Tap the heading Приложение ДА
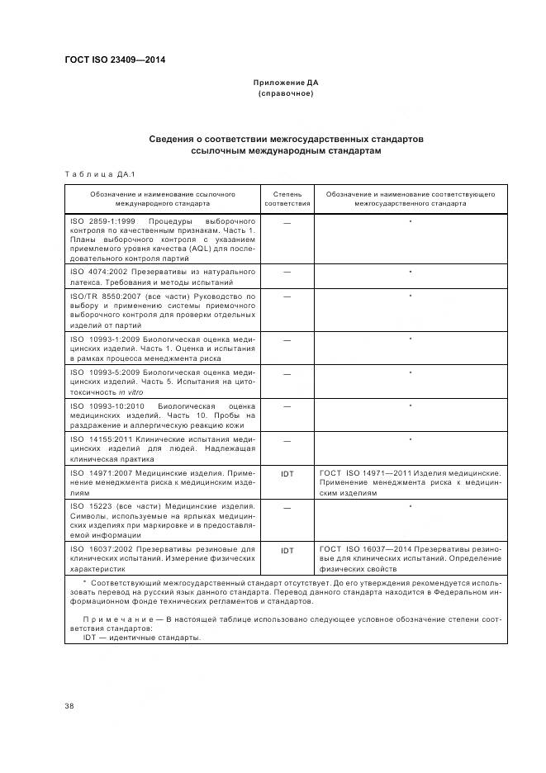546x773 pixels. pos(285,83)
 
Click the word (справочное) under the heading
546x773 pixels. pos(285,93)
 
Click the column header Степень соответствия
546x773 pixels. pos(287,198)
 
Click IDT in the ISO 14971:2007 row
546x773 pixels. pos(287,474)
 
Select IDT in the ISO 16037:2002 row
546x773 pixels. pos(287,550)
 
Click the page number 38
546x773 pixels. pos(69,705)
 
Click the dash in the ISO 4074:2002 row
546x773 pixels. pos(287,272)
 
